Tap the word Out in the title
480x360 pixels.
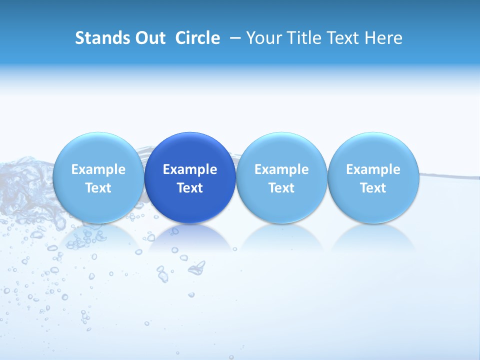[149, 38]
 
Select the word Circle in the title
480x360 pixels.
[197, 38]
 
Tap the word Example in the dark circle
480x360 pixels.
[190, 169]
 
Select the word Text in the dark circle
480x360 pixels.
[190, 188]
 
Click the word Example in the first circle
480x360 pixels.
[98, 169]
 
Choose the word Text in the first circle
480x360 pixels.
[98, 188]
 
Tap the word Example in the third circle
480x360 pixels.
[281, 169]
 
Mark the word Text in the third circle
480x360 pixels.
[281, 188]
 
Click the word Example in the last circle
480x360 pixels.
[373, 169]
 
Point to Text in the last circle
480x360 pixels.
[373, 188]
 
